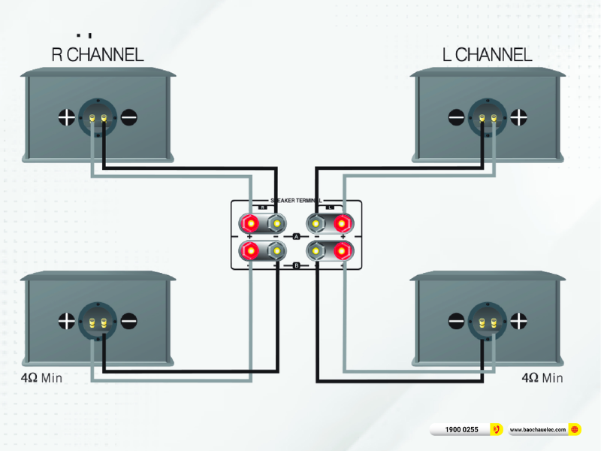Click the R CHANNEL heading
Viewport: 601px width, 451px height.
[x=97, y=54]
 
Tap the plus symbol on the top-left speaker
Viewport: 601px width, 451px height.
[x=66, y=117]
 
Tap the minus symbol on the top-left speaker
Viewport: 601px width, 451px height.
[x=129, y=117]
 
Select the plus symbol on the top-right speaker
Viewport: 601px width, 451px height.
[x=519, y=117]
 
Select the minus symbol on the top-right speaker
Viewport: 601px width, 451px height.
[x=457, y=117]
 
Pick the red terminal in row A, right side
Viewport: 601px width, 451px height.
[x=343, y=223]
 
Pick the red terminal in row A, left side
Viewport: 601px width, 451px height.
[x=249, y=223]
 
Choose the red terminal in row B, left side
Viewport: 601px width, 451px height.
[x=249, y=250]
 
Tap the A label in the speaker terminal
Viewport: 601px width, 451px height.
[x=296, y=237]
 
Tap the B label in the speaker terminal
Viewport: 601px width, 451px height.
[x=296, y=265]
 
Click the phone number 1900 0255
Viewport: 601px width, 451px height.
[x=461, y=430]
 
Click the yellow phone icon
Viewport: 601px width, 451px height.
[x=496, y=430]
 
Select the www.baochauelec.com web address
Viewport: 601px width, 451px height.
[x=538, y=430]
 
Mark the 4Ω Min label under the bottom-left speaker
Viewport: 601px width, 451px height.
[x=42, y=377]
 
